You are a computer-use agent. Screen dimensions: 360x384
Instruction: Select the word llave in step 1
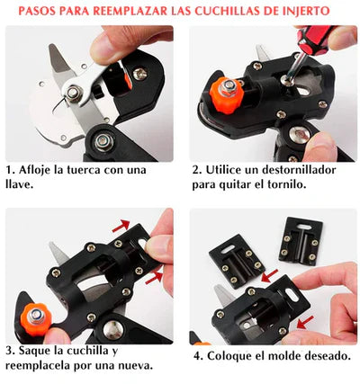(x=18, y=184)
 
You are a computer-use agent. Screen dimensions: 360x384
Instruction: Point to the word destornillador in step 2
(x=299, y=170)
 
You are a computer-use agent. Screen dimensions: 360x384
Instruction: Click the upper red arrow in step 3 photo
(x=121, y=226)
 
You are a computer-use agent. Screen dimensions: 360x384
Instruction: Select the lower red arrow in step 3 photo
(x=154, y=278)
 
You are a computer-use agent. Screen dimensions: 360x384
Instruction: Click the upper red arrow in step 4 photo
(x=269, y=275)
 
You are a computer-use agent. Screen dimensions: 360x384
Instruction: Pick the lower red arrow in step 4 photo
(x=305, y=322)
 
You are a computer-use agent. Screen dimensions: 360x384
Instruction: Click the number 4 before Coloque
(x=197, y=356)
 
